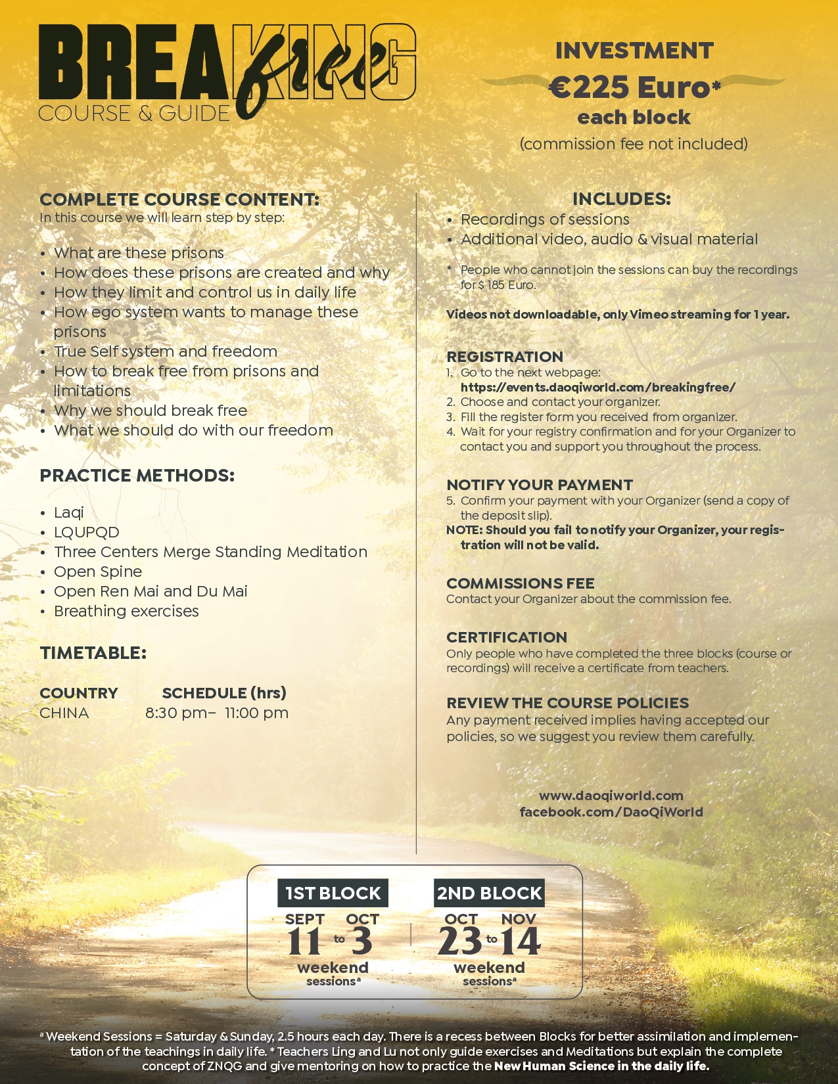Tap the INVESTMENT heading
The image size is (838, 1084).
[634, 51]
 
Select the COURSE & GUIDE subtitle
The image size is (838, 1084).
[134, 113]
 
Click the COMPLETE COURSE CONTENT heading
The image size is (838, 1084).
[179, 199]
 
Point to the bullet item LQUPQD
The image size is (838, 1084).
[87, 532]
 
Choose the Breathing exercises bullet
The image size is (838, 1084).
[126, 611]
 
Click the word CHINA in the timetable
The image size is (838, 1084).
[64, 713]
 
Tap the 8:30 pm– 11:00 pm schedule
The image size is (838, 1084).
[217, 713]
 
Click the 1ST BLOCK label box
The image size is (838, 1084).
[333, 893]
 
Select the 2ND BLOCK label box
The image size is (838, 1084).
[490, 893]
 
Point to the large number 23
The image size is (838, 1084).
[460, 941]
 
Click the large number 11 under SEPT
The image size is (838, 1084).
[304, 941]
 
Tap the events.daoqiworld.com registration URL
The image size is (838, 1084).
[597, 387]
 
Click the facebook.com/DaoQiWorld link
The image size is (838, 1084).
[611, 812]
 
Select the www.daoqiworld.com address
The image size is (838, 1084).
[611, 796]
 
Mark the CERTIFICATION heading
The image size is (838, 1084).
[507, 637]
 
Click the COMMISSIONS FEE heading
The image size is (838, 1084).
[520, 583]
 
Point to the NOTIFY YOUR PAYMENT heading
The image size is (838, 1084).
[540, 485]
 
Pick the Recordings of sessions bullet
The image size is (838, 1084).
[545, 219]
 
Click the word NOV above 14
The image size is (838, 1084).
[519, 918]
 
